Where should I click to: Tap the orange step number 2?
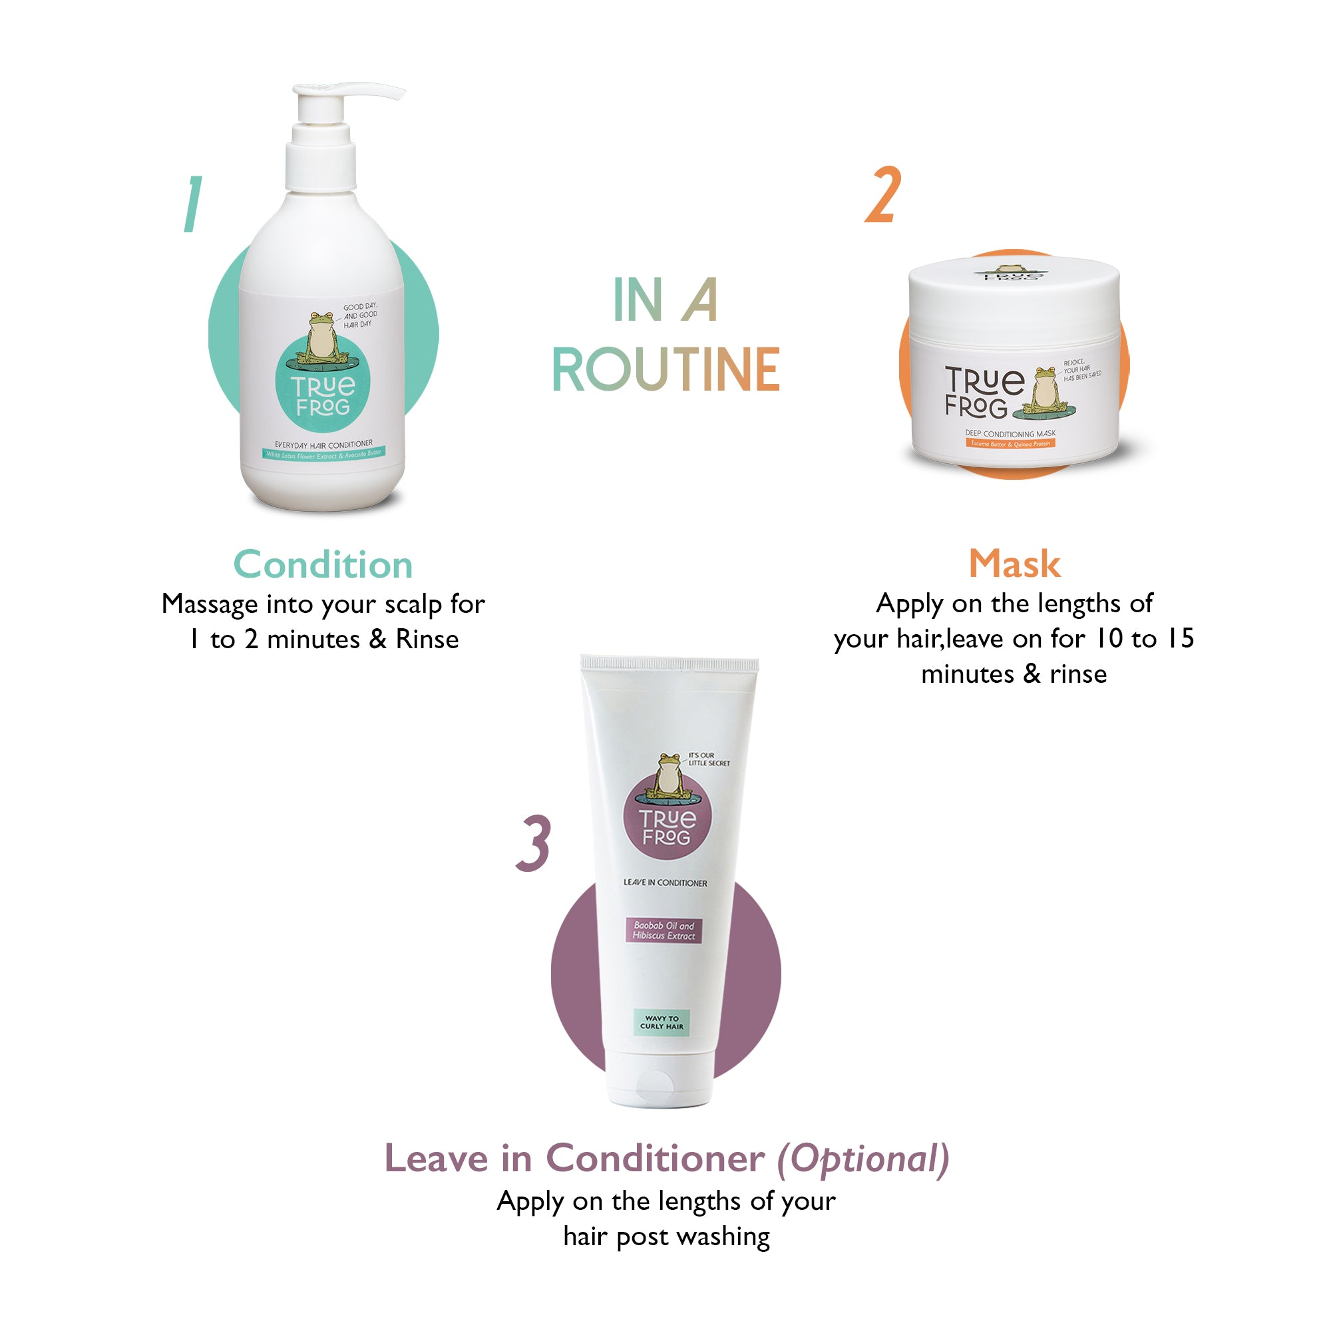point(882,196)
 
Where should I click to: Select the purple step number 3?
point(534,843)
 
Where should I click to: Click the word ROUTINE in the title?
point(665,370)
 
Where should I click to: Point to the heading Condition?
point(323,566)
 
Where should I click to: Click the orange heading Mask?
point(1014,564)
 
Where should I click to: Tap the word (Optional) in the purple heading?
point(863,1159)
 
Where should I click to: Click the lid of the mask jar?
point(1014,289)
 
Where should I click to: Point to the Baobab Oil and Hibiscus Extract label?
point(664,930)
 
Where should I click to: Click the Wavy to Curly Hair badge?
point(662,1022)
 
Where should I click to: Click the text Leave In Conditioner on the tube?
point(665,882)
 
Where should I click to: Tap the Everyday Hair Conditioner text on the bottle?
point(323,445)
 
